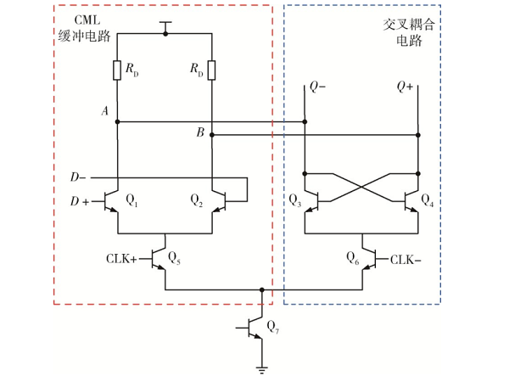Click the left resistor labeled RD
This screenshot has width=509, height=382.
[116, 70]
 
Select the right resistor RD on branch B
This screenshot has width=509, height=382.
[210, 70]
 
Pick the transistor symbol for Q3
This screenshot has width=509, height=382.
[310, 201]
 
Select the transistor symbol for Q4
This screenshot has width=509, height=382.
[413, 201]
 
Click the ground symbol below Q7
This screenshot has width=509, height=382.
[261, 368]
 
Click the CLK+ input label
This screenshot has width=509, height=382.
[121, 258]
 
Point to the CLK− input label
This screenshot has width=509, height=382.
[408, 258]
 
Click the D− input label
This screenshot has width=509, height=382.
[78, 177]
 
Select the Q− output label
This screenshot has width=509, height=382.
[316, 87]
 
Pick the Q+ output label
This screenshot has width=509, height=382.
[406, 87]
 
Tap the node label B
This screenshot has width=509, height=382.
[199, 132]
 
